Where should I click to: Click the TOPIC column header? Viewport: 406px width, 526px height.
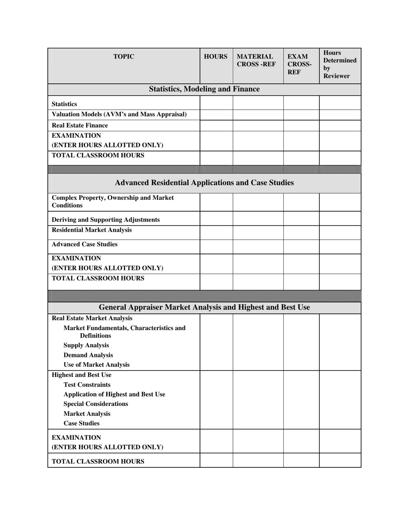124,56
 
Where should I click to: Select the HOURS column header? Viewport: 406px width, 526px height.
215,56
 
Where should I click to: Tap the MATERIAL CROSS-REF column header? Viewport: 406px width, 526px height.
256,60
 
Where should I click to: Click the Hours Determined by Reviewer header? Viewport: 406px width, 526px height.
340,64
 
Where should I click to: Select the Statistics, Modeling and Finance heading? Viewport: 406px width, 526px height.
204,89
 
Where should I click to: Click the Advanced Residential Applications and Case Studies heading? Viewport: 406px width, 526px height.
204,183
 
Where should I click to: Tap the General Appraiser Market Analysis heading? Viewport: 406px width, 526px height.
204,307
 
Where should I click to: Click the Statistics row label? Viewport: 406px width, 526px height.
65,104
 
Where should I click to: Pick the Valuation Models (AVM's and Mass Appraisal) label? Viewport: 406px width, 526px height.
119,114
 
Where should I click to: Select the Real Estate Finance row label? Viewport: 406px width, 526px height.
80,125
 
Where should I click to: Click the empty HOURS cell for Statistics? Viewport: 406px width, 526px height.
216,103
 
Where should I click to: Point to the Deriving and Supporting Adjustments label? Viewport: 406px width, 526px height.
106,219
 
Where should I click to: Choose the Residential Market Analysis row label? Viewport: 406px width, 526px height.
91,230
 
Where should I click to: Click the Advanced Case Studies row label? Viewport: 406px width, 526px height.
85,244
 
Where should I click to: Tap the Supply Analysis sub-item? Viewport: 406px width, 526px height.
86,345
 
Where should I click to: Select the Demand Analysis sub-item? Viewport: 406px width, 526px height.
88,355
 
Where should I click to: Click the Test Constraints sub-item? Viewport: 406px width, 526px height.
87,384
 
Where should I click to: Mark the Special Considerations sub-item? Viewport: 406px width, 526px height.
96,404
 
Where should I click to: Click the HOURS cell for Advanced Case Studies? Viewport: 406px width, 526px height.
216,246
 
